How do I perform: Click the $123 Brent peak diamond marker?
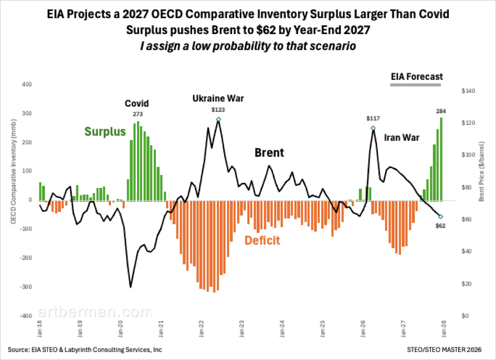[x=218, y=120]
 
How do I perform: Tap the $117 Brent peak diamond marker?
[x=373, y=128]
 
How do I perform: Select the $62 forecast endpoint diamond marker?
[x=440, y=217]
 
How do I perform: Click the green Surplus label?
[x=105, y=131]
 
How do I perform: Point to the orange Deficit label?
[x=262, y=240]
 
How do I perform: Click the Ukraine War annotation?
[x=218, y=98]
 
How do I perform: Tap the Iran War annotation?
[x=401, y=138]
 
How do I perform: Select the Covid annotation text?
[x=137, y=103]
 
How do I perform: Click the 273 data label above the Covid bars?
[x=138, y=114]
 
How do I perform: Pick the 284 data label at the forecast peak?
[x=441, y=111]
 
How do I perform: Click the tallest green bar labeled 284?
[x=441, y=159]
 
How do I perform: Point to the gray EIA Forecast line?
[x=415, y=85]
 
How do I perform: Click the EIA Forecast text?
[x=417, y=76]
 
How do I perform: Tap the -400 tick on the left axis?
[x=27, y=316]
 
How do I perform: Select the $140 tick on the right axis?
[x=468, y=91]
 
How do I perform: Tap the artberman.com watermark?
[x=95, y=312]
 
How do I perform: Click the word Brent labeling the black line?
[x=269, y=153]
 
